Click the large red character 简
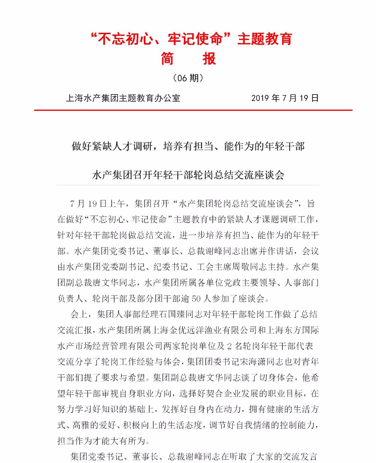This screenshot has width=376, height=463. (x=167, y=59)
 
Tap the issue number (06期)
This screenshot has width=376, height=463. (x=188, y=78)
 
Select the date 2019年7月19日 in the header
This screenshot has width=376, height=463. (x=285, y=98)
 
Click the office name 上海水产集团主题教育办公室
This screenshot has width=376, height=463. (x=123, y=98)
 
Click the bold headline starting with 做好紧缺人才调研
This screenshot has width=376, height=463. (x=188, y=146)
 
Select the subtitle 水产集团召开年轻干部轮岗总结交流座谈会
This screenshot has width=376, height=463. (x=188, y=175)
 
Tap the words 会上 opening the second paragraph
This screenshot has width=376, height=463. (x=79, y=315)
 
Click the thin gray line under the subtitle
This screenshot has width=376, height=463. (x=188, y=185)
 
